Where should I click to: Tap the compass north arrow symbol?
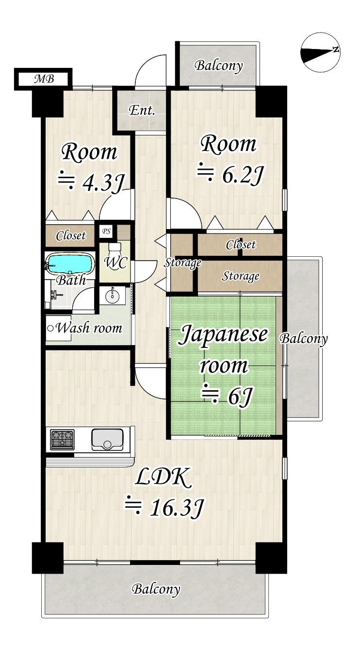pyautogui.click(x=320, y=53)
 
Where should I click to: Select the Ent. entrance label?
pyautogui.click(x=142, y=111)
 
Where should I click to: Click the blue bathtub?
pyautogui.click(x=70, y=265)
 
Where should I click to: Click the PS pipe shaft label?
pyautogui.click(x=106, y=232)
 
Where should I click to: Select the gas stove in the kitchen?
pyautogui.click(x=62, y=440)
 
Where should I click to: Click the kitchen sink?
pyautogui.click(x=107, y=440)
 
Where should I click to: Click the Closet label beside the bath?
pyautogui.click(x=71, y=236)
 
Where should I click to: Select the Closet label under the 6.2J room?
pyautogui.click(x=241, y=245)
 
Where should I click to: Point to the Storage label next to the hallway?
pyautogui.click(x=182, y=264)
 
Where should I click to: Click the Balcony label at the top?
pyautogui.click(x=219, y=66)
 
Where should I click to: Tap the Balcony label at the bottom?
pyautogui.click(x=156, y=590)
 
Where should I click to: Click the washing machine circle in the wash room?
pyautogui.click(x=50, y=329)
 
